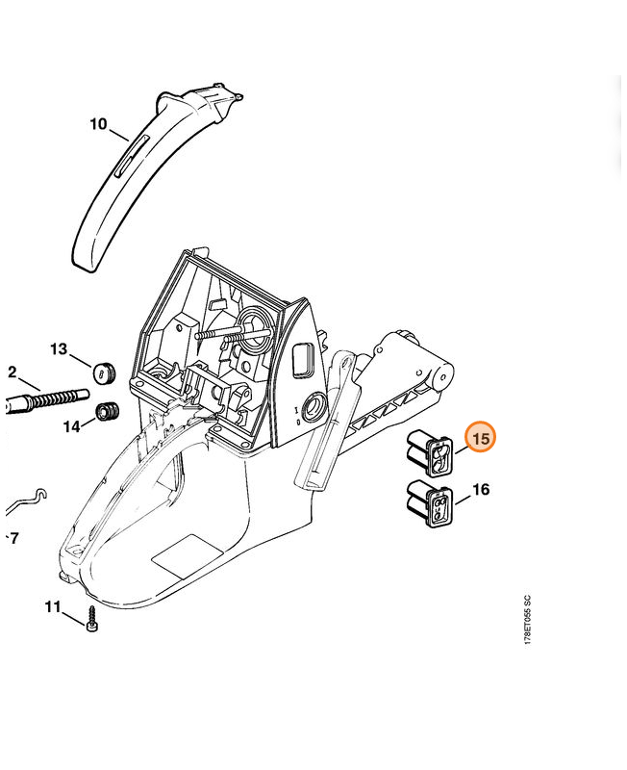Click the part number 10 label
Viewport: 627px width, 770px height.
point(98,124)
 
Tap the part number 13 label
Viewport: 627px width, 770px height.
point(59,349)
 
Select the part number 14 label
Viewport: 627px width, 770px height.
point(71,426)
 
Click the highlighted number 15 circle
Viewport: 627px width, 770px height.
point(481,437)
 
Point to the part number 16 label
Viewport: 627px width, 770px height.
point(481,489)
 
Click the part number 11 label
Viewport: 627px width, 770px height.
point(53,607)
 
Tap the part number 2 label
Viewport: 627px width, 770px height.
point(13,372)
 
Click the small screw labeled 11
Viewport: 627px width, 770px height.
point(91,619)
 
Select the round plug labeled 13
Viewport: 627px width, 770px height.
point(104,372)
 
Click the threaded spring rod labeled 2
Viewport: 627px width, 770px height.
point(47,400)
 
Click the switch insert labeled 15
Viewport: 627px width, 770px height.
point(430,452)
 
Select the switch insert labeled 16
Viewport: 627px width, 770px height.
point(430,503)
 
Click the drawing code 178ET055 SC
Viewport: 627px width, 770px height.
point(527,620)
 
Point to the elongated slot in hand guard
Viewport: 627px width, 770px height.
point(131,156)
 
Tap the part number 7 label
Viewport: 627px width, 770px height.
point(13,538)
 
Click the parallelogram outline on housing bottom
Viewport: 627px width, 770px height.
point(188,556)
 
